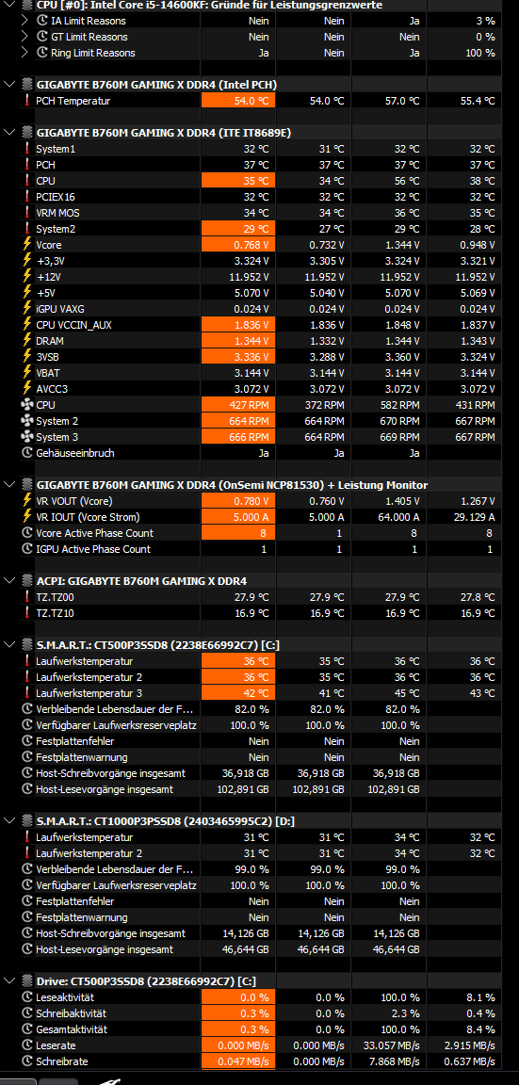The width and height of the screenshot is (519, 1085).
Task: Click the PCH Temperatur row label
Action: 73,101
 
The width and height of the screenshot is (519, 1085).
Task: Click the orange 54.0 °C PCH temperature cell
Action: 238,101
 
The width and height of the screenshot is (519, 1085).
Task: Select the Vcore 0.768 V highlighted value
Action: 238,245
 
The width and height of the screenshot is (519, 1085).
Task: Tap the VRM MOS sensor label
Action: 57,213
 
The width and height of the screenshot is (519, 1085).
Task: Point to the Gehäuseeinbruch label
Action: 74,453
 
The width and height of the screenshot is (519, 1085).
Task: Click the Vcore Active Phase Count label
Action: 95,533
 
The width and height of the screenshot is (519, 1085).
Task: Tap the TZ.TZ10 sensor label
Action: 53,613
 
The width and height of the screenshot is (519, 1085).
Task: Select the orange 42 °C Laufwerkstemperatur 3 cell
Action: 238,693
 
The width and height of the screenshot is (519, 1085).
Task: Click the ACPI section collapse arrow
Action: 9,580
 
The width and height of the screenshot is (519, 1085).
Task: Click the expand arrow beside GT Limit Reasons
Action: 24,37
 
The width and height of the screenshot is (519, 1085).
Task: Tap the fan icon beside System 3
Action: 27,437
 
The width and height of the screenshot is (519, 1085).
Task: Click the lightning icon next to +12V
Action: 27,277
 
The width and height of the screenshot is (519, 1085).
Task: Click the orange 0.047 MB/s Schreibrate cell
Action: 238,1061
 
